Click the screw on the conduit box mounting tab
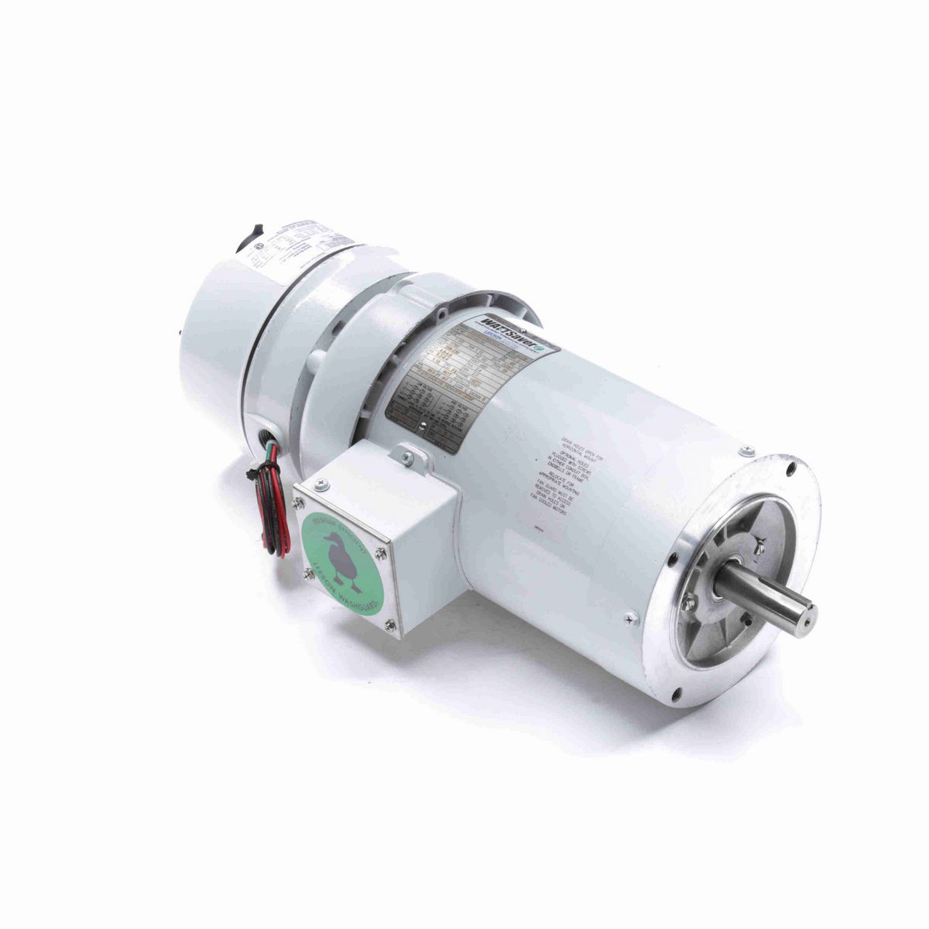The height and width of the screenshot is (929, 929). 406,460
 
